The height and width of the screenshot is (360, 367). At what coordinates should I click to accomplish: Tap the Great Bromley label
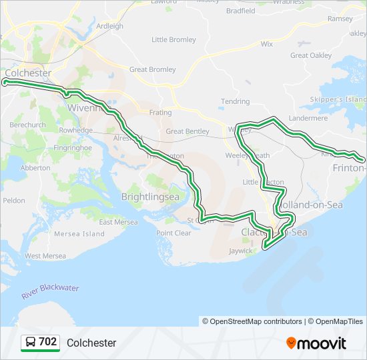[x=152, y=69]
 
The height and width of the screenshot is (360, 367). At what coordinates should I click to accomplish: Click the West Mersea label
[x=45, y=255]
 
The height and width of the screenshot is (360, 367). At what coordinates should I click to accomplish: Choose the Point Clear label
[x=173, y=233]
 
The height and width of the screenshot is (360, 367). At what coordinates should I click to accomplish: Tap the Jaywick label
[x=241, y=251]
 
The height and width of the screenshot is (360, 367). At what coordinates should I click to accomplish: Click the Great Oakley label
[x=310, y=55]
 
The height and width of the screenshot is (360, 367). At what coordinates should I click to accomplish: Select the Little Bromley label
[x=173, y=40]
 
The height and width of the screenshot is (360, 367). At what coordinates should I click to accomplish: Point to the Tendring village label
[x=235, y=101]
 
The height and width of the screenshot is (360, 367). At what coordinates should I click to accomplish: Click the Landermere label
[x=308, y=118]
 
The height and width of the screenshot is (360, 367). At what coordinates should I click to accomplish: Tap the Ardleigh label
[x=110, y=27]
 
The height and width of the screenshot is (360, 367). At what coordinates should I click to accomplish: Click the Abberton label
[x=35, y=168]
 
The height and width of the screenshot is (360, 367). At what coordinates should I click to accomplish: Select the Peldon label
[x=14, y=200]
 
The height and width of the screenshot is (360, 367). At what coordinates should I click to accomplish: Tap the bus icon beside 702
[x=30, y=342]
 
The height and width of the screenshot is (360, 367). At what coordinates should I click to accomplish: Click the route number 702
[x=47, y=342]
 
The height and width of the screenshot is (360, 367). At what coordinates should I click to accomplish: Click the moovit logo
[x=316, y=343]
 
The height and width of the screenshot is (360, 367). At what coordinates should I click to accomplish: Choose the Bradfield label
[x=240, y=11]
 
